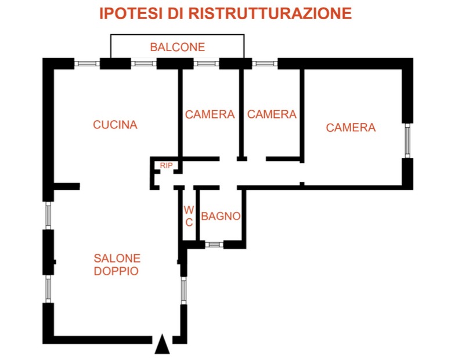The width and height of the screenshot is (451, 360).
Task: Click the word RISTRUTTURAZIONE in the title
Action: point(270,13)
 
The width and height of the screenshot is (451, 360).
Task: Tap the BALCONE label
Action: point(178,47)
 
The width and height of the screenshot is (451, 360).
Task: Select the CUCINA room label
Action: point(115,125)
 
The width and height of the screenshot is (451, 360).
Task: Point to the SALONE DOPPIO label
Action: point(117,264)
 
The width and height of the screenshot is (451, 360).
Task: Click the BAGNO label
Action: point(221,216)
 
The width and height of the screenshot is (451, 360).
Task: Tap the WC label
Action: point(189,216)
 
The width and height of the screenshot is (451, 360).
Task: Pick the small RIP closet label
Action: point(166,165)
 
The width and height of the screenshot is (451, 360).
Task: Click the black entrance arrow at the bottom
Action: point(162,344)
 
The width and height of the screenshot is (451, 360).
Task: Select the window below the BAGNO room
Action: point(214,245)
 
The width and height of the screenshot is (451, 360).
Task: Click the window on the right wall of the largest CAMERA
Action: point(407,141)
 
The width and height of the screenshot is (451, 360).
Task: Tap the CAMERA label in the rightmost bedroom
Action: point(351,128)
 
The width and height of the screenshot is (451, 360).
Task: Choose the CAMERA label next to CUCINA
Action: point(210,114)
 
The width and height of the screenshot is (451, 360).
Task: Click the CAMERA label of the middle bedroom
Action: point(272,114)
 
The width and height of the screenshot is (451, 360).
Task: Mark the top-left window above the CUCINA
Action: point(87,64)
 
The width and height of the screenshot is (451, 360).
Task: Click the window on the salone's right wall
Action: point(184,290)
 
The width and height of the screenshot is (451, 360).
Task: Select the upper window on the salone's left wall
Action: point(48,215)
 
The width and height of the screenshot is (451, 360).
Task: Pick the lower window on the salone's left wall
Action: point(48,289)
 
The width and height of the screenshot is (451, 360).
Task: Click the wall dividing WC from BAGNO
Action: point(198,215)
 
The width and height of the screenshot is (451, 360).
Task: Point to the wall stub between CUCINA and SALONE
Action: point(67,186)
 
